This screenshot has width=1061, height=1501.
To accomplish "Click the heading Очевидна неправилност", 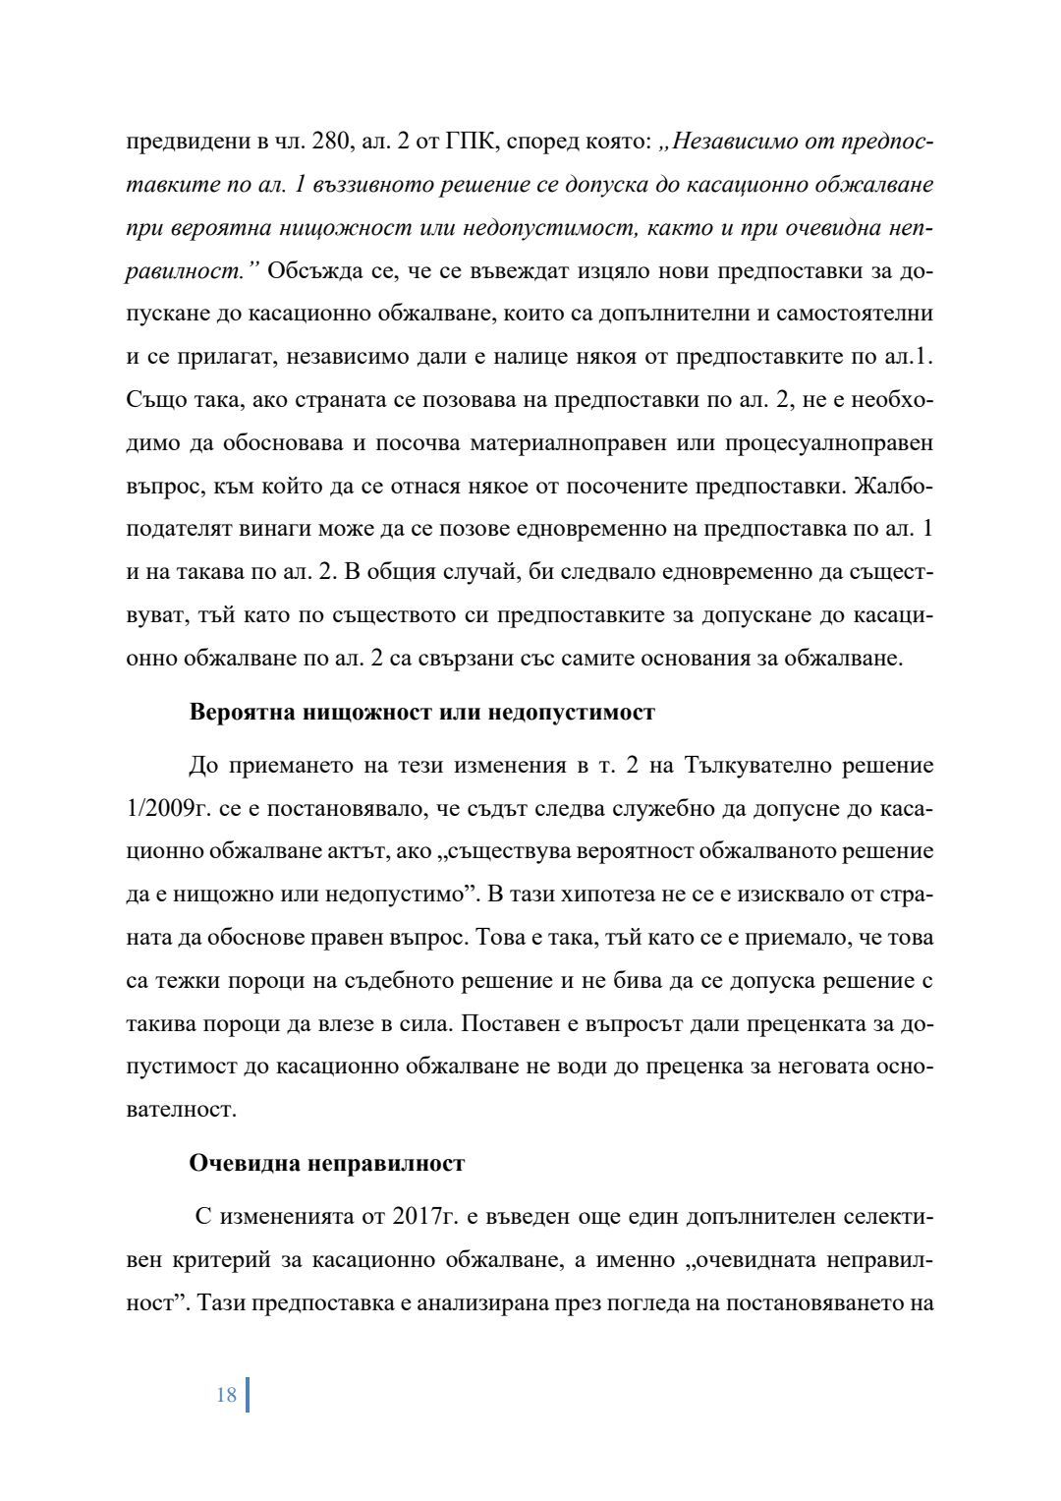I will [326, 1164].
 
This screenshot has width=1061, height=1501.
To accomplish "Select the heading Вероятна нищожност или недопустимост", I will [421, 712].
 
